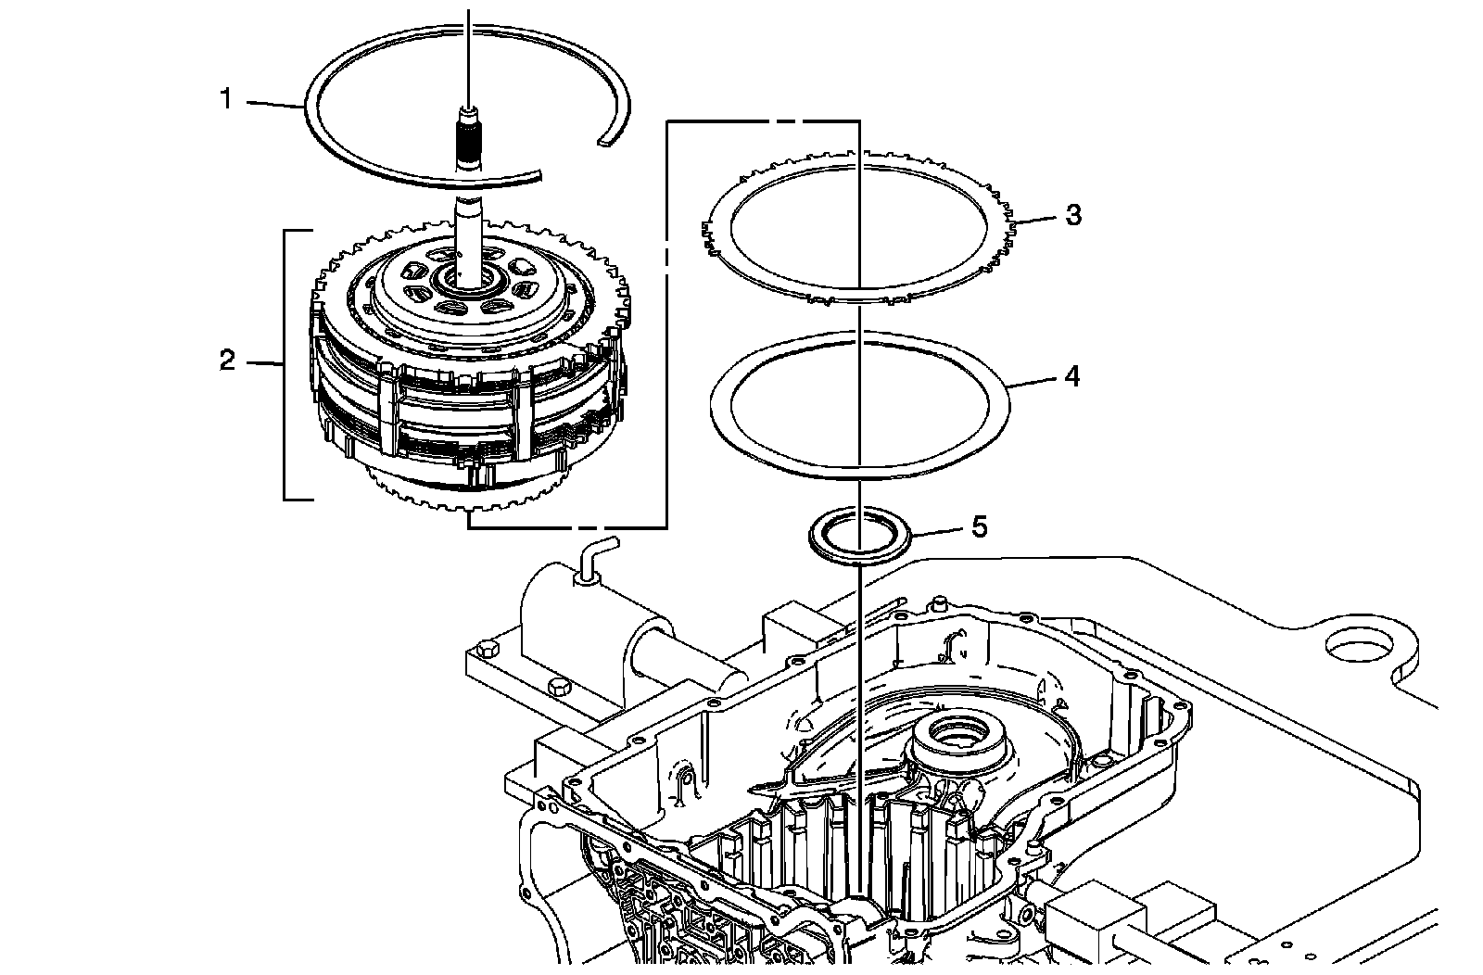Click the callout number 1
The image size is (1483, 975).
click(225, 98)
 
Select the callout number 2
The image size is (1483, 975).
click(228, 361)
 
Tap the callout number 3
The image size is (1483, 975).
click(1072, 215)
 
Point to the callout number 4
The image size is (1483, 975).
click(1071, 376)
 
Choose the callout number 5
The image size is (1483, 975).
click(979, 527)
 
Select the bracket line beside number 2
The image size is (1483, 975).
click(285, 364)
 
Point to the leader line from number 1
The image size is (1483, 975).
click(273, 104)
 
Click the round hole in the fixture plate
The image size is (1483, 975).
click(1359, 646)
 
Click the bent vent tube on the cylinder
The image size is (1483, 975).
click(592, 557)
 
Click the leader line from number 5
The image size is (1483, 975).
click(936, 531)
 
